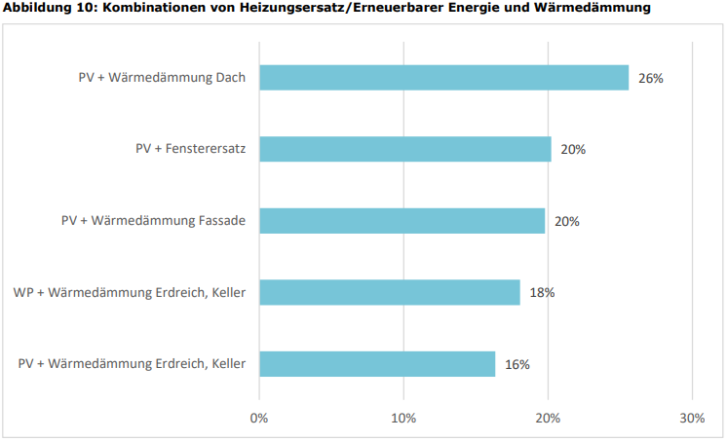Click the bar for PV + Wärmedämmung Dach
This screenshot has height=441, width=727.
[443, 78]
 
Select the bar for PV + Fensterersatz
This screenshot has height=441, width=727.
[404, 149]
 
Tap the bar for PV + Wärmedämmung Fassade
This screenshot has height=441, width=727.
[402, 221]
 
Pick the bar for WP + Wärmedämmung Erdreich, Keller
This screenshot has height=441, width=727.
[389, 292]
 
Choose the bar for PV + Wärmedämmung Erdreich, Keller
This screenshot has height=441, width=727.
[377, 364]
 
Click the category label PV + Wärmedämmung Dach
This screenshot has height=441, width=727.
[162, 78]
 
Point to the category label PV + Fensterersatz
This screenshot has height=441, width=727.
[190, 149]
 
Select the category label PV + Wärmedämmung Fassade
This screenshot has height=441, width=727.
[153, 221]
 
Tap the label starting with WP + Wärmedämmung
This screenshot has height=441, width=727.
[130, 292]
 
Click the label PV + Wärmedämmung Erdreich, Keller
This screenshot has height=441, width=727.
[133, 364]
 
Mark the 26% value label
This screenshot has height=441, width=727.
[651, 78]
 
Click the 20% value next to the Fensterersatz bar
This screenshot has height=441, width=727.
[573, 149]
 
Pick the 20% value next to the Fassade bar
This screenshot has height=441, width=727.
[567, 221]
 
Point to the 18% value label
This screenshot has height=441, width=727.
[543, 292]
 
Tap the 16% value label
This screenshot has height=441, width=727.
[517, 364]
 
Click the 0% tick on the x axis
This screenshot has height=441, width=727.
[259, 418]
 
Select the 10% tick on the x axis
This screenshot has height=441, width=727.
[403, 418]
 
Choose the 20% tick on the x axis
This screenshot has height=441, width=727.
[548, 418]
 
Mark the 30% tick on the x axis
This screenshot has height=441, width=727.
[692, 418]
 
